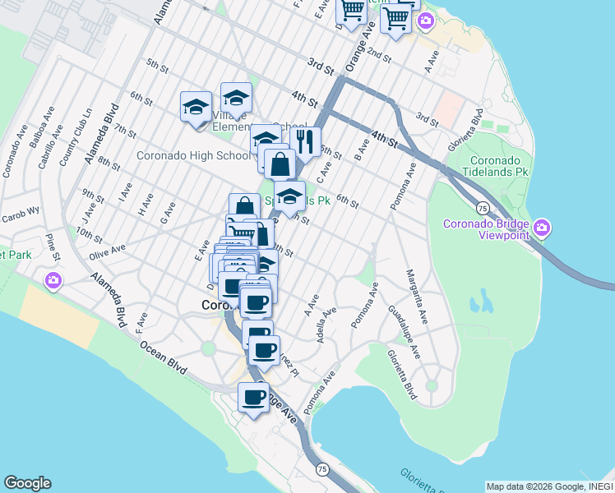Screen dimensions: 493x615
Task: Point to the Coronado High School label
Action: [193, 155]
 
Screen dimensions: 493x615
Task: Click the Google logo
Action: [27, 483]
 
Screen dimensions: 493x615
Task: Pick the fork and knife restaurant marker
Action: [306, 142]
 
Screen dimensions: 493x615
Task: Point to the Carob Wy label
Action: [21, 210]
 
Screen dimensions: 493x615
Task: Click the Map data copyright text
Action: [549, 486]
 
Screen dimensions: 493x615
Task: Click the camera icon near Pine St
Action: [53, 281]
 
